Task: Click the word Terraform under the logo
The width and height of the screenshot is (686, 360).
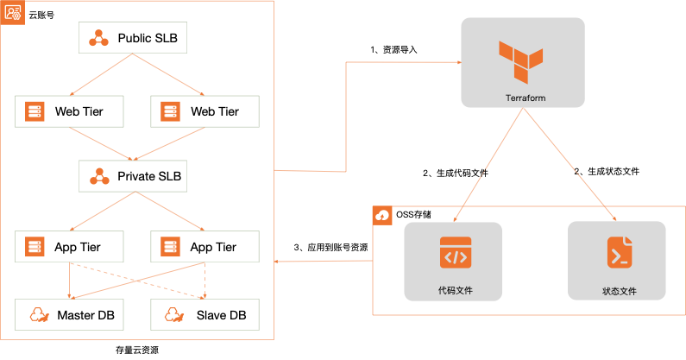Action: click(525, 98)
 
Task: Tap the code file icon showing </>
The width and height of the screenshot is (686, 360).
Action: click(455, 252)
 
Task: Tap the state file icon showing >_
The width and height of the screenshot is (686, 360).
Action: click(619, 252)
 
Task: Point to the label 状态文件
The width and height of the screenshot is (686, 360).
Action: click(619, 291)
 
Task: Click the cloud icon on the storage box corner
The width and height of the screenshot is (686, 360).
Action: click(383, 215)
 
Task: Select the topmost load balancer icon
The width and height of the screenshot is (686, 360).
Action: click(99, 38)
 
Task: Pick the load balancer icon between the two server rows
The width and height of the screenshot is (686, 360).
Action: click(99, 176)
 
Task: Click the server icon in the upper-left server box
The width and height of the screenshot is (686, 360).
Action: click(35, 111)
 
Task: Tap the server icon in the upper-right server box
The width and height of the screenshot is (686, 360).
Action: click(169, 111)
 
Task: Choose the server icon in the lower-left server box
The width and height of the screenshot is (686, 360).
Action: click(35, 247)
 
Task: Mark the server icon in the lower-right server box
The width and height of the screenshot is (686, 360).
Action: click(169, 247)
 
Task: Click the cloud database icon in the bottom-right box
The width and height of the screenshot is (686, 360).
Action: click(173, 314)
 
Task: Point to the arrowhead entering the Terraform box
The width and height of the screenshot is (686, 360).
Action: click(456, 62)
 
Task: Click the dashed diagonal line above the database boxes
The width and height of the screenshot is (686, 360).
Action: click(138, 281)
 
